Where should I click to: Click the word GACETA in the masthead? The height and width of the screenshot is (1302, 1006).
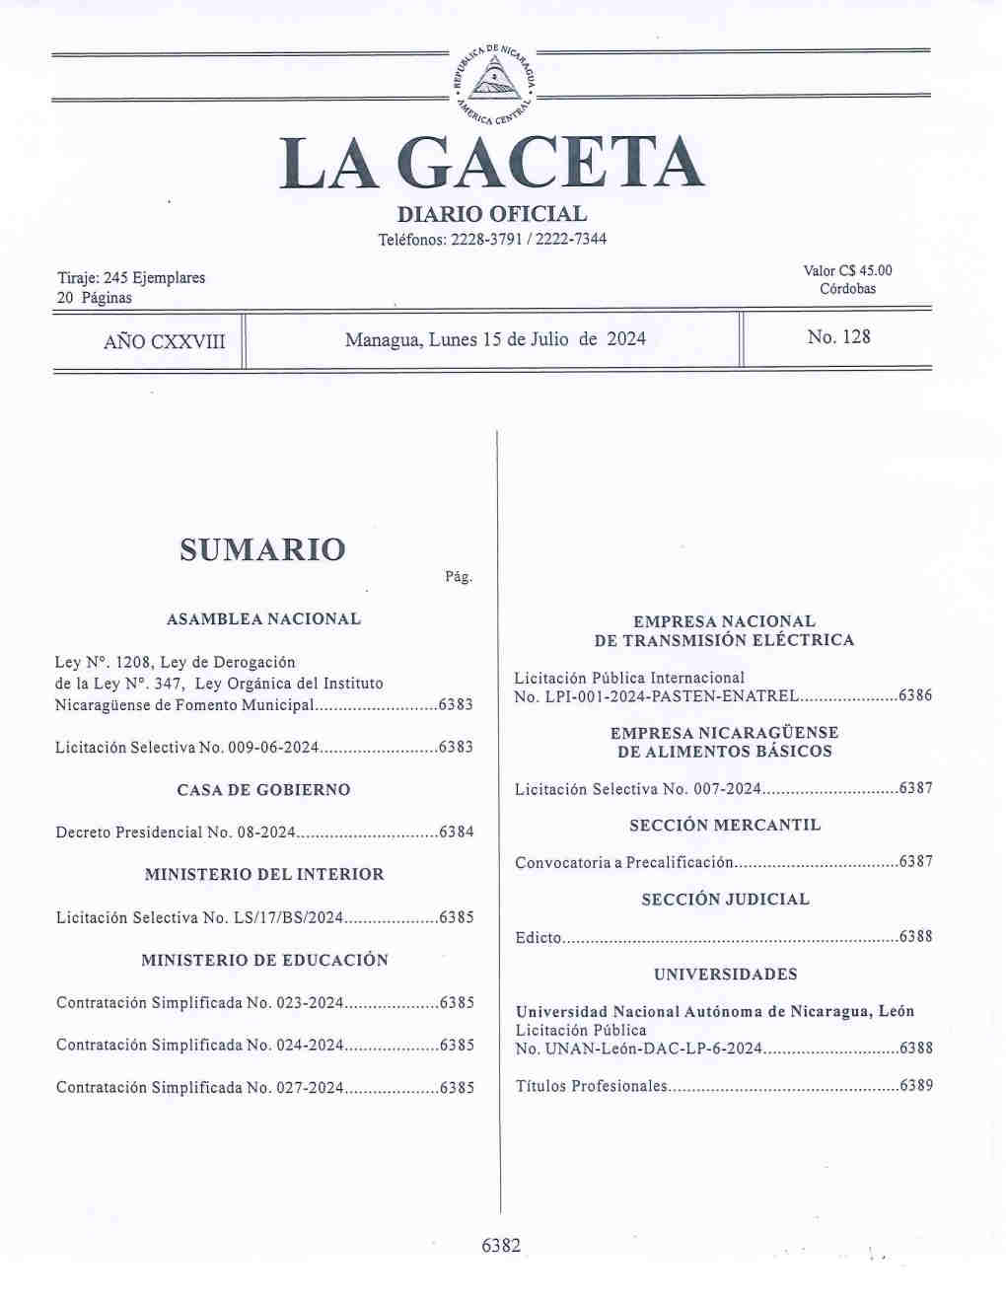(x=555, y=164)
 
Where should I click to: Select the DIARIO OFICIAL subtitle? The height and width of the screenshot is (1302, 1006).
(x=491, y=213)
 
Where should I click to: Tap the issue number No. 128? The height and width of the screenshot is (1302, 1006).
(x=838, y=337)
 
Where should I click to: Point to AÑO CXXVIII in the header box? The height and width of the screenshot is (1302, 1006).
(x=164, y=342)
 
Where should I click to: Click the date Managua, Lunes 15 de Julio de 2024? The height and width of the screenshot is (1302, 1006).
(x=495, y=339)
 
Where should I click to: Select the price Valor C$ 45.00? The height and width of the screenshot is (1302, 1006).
(x=847, y=271)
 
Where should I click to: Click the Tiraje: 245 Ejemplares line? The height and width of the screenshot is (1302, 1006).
(x=131, y=278)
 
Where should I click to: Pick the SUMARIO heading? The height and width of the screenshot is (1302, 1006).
(x=262, y=549)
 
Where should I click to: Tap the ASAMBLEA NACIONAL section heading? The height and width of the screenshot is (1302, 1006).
(x=263, y=619)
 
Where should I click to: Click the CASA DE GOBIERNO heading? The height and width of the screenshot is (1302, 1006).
(x=263, y=790)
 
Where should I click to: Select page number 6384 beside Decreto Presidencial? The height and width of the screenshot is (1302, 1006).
(x=456, y=832)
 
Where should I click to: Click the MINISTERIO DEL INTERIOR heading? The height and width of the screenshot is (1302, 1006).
(x=263, y=875)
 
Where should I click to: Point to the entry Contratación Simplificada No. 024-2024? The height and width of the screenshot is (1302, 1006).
(x=199, y=1046)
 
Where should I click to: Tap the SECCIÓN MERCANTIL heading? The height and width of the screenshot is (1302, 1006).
(x=725, y=826)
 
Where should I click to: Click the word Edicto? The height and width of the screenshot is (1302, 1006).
(x=538, y=937)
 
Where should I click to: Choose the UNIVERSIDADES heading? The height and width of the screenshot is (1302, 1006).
(x=725, y=975)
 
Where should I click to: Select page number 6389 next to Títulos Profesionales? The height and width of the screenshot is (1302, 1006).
(x=915, y=1087)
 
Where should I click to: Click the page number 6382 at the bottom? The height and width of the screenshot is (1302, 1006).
(x=500, y=1246)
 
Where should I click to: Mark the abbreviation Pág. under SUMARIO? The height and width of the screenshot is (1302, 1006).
(x=459, y=577)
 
